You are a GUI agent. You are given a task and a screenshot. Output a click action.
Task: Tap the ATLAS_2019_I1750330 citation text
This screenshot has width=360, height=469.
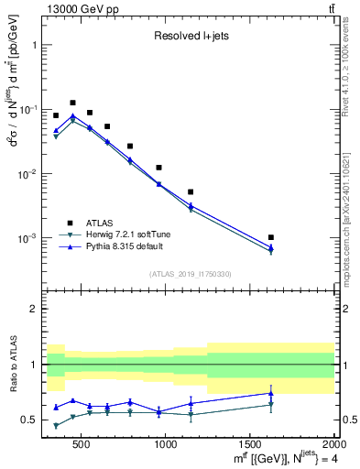[x=190, y=273]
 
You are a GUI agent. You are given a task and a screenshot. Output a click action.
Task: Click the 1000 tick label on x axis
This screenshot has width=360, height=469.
[x=166, y=444]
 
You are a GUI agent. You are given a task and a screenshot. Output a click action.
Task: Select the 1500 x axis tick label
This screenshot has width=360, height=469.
[x=250, y=444]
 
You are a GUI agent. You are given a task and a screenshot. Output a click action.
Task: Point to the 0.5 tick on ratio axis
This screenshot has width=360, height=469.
[x=32, y=420]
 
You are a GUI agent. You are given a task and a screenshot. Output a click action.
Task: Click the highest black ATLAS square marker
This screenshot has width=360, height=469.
[x=72, y=103]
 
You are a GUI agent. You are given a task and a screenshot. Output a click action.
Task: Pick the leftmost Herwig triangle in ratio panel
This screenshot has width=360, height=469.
[x=56, y=426]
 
